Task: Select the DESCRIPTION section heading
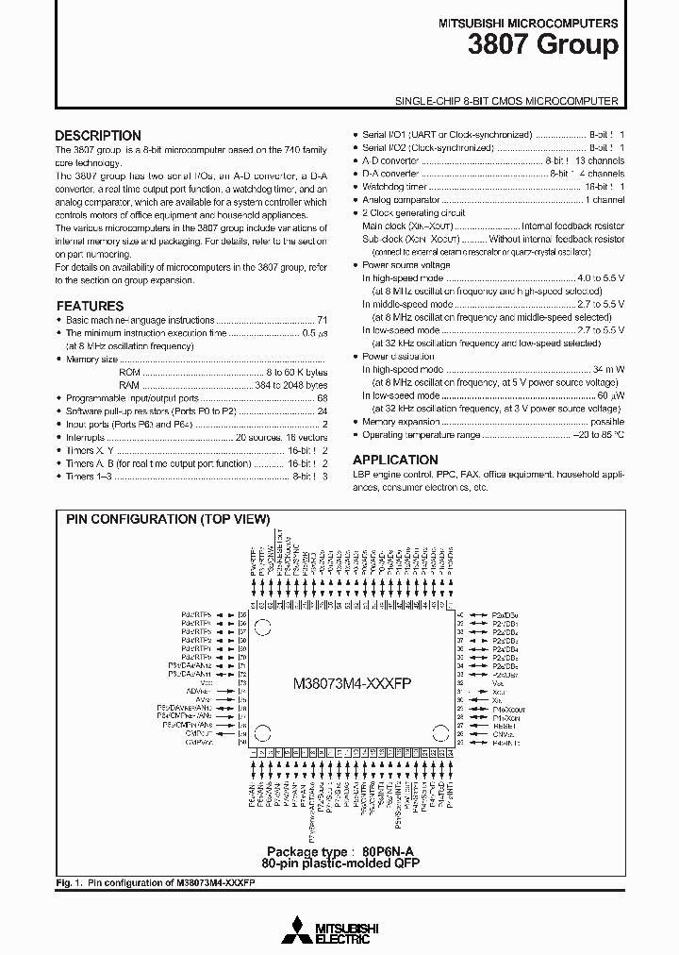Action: pos(98,135)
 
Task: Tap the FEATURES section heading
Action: pos(90,306)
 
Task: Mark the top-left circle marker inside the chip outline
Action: pos(264,625)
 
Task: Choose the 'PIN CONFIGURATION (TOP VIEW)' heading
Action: pos(168,520)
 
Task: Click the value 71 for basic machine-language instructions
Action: pos(322,321)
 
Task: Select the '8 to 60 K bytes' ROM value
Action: pos(296,372)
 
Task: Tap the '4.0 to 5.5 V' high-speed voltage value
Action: pos(600,278)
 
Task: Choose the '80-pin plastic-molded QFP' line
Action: pos(340,863)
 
